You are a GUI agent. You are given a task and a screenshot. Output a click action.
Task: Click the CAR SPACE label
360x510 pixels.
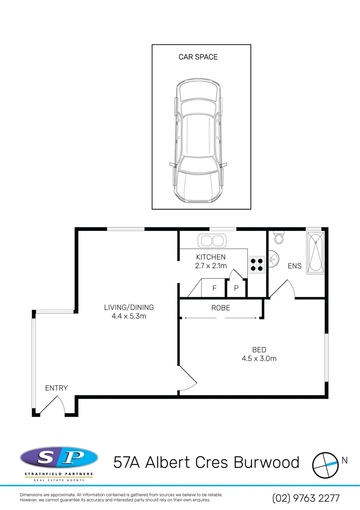(x=198, y=57)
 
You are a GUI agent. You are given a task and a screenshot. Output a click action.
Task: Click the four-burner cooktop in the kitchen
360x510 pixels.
(x=257, y=264)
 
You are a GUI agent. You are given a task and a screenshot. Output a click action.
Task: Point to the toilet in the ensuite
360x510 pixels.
(x=279, y=238)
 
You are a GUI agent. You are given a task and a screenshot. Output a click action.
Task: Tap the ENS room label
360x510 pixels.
(x=294, y=266)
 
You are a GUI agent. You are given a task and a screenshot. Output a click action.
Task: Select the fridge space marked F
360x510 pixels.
(x=214, y=288)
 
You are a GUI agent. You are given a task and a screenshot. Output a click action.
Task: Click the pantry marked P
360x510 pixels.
(x=236, y=288)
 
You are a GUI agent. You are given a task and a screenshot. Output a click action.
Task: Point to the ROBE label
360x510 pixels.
(x=221, y=307)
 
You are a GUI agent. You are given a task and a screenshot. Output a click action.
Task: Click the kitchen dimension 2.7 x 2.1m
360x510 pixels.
(x=210, y=266)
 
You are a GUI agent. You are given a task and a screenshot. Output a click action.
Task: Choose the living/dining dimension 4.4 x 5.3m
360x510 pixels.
(x=129, y=316)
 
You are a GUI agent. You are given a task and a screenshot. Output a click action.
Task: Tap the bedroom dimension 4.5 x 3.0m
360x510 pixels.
(x=259, y=358)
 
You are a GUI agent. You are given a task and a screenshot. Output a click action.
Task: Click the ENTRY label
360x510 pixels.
(x=56, y=388)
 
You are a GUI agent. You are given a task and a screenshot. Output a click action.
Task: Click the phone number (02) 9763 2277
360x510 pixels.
(x=306, y=498)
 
